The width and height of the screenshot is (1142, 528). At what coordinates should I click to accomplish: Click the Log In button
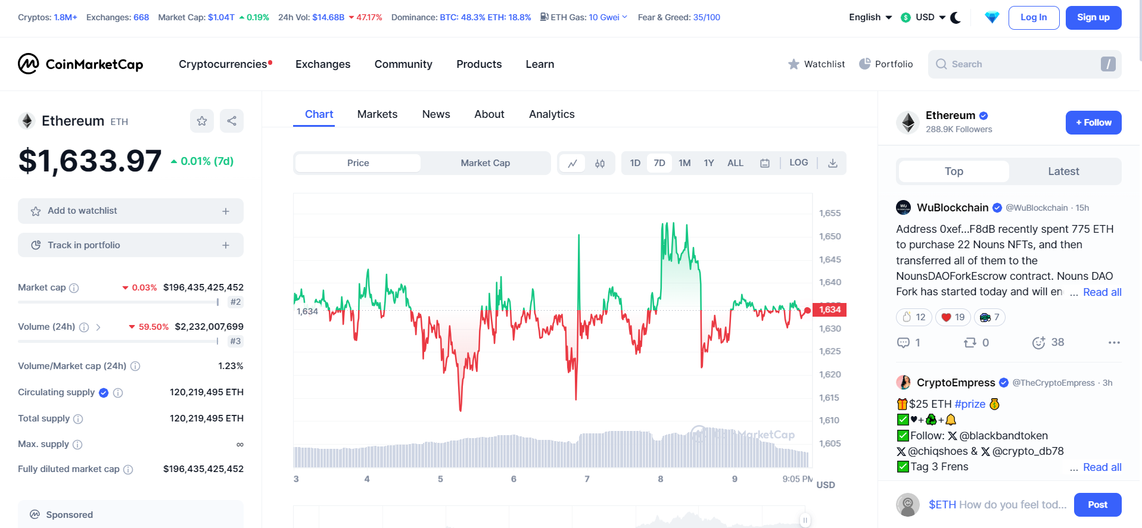click(1034, 18)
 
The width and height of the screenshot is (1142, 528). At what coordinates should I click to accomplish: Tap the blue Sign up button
click(1093, 18)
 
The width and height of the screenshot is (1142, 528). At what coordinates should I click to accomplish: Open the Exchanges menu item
click(323, 64)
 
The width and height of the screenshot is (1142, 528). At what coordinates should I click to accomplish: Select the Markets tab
click(377, 114)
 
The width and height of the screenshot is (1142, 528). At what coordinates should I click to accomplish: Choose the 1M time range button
click(684, 163)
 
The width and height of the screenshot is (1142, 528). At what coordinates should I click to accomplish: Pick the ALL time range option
click(735, 163)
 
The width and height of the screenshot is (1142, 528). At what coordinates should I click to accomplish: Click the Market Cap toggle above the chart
click(485, 163)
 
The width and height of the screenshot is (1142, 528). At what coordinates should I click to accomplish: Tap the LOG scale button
click(798, 163)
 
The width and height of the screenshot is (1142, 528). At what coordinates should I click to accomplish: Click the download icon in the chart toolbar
click(833, 163)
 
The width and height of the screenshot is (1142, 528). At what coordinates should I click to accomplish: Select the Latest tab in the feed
click(1063, 171)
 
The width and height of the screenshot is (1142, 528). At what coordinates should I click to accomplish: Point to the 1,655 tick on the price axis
click(830, 213)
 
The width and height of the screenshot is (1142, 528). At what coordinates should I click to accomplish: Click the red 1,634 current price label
click(829, 310)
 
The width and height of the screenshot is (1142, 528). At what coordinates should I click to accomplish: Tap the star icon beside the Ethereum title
click(202, 121)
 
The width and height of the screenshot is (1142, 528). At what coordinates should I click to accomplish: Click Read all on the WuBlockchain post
click(1102, 292)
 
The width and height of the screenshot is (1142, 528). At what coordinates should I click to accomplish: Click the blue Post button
click(1097, 505)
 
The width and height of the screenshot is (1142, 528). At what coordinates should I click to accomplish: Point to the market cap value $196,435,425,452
click(203, 288)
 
